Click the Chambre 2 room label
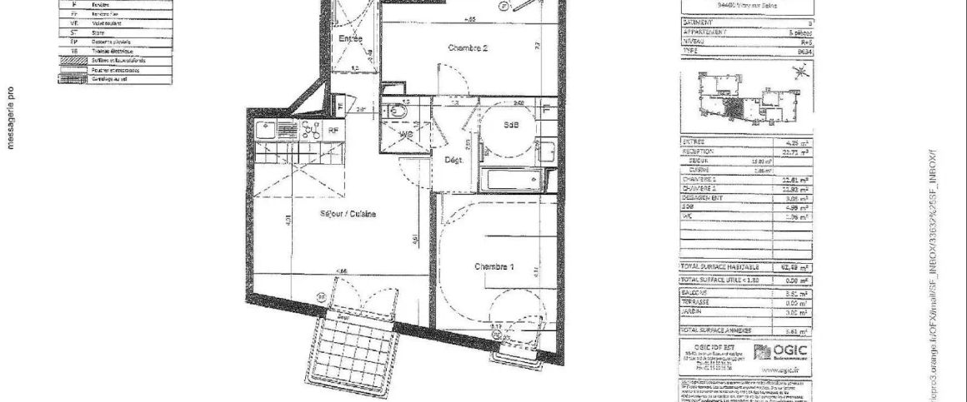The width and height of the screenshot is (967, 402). pos(468,48)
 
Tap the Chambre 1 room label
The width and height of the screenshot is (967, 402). pos(495,266)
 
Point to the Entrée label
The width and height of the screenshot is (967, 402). pos(350,39)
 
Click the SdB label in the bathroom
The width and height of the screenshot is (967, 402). pos(512,125)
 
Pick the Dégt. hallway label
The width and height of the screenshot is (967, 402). pos(453,160)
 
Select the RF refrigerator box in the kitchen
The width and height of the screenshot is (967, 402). pos(333,131)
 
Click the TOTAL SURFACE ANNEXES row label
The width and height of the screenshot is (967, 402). pos(716,330)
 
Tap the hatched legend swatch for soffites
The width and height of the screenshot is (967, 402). pos(74,61)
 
